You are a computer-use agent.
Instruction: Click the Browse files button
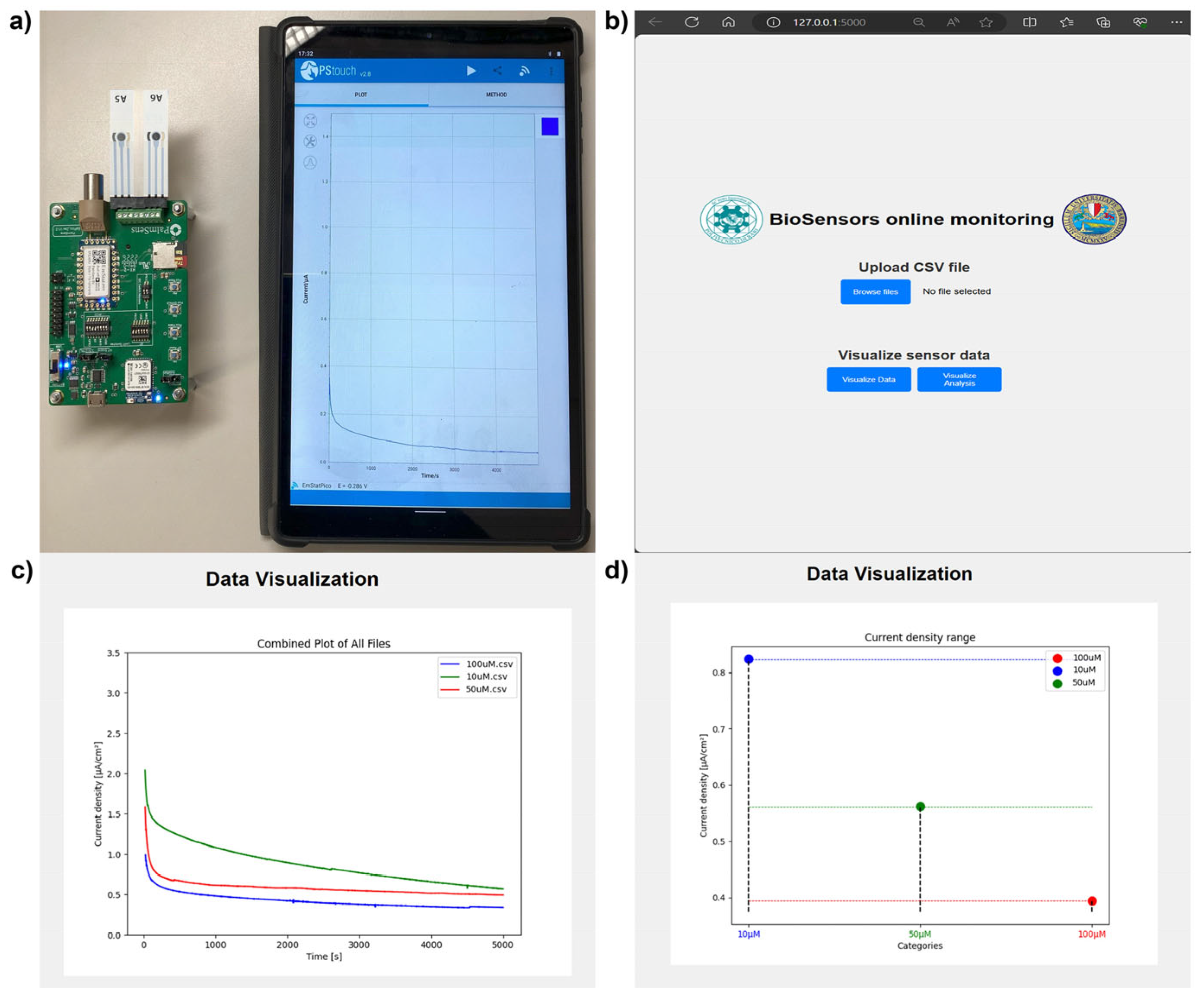(x=875, y=292)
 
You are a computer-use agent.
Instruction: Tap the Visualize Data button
(x=868, y=379)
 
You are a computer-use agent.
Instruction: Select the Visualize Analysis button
(x=959, y=379)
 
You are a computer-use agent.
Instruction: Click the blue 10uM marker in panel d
(x=749, y=659)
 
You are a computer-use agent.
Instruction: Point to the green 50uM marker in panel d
(x=920, y=807)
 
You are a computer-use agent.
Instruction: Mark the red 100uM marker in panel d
(x=1092, y=901)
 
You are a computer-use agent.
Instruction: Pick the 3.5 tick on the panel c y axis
(x=114, y=653)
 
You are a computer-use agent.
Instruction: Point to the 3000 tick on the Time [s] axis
(x=359, y=945)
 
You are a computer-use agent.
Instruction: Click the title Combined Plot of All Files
(x=324, y=644)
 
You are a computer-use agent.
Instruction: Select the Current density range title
(x=920, y=637)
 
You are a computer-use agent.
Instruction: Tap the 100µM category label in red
(x=1091, y=934)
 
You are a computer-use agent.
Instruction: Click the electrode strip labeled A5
(x=121, y=143)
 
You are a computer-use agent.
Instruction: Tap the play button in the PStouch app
(x=471, y=70)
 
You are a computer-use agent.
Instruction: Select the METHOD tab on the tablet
(x=496, y=94)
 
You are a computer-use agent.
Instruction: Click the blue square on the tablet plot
(x=550, y=126)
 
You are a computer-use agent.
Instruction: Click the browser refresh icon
(x=691, y=22)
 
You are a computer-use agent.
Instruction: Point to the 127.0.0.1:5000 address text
(x=829, y=22)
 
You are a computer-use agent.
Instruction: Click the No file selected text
(x=956, y=291)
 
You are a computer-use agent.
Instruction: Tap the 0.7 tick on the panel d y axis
(x=718, y=729)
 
